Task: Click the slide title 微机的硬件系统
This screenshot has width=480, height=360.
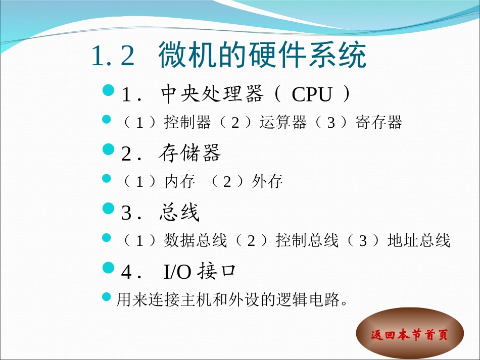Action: coord(262,56)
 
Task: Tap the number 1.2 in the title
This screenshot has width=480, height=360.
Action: coord(113,56)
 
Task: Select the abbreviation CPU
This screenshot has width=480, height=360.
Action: coord(312,94)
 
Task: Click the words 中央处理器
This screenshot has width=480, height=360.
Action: coord(212,94)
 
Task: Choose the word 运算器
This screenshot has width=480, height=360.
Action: coord(283,123)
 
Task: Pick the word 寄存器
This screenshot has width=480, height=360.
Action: coord(379,123)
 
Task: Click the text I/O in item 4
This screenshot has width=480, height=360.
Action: coord(178,272)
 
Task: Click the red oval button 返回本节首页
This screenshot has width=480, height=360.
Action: coord(410,334)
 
